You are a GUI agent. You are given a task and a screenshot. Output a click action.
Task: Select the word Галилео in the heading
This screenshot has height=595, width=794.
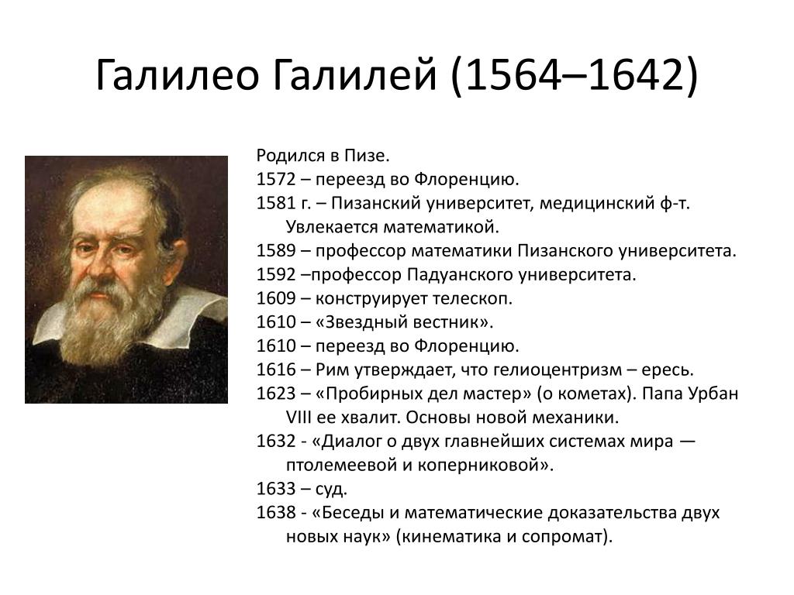pyautogui.click(x=178, y=75)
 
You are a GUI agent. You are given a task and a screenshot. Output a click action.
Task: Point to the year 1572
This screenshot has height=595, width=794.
pyautogui.click(x=276, y=180)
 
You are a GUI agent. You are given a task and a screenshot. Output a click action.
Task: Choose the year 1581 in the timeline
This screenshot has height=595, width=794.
pyautogui.click(x=276, y=204)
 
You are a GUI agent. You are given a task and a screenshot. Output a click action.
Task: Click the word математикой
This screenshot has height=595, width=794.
pyautogui.click(x=441, y=227)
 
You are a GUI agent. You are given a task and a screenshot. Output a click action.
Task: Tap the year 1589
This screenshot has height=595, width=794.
pyautogui.click(x=276, y=251)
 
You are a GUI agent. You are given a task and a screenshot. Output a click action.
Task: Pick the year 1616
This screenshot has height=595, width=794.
pyautogui.click(x=276, y=370)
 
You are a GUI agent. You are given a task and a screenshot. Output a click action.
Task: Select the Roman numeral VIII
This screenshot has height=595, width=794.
pyautogui.click(x=299, y=418)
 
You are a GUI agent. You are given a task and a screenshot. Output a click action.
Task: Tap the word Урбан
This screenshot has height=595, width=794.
pyautogui.click(x=714, y=394)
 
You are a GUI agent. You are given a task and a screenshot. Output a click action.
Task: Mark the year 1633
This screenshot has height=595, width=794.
pyautogui.click(x=276, y=490)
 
